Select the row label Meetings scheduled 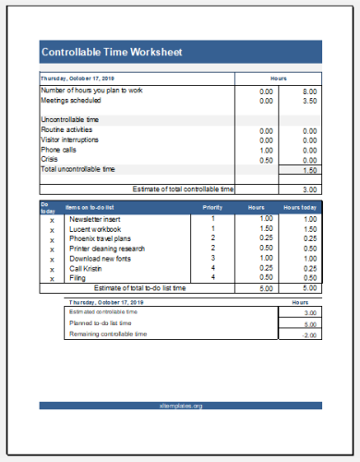tap(73, 101)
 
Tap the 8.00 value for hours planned tap(310, 91)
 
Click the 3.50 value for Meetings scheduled tap(310, 101)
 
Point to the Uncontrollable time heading tap(70, 120)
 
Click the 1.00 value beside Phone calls tap(266, 150)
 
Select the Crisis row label tap(50, 160)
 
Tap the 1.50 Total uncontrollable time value tap(310, 171)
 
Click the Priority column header tap(212, 208)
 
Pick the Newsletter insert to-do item tap(94, 219)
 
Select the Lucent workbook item tap(94, 228)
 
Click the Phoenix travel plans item tap(100, 238)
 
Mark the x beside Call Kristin tap(52, 268)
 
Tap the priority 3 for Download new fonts tap(212, 258)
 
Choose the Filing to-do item tap(78, 277)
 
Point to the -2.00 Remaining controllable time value tap(310, 334)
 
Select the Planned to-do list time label tap(102, 323)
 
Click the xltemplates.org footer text tap(180, 406)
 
